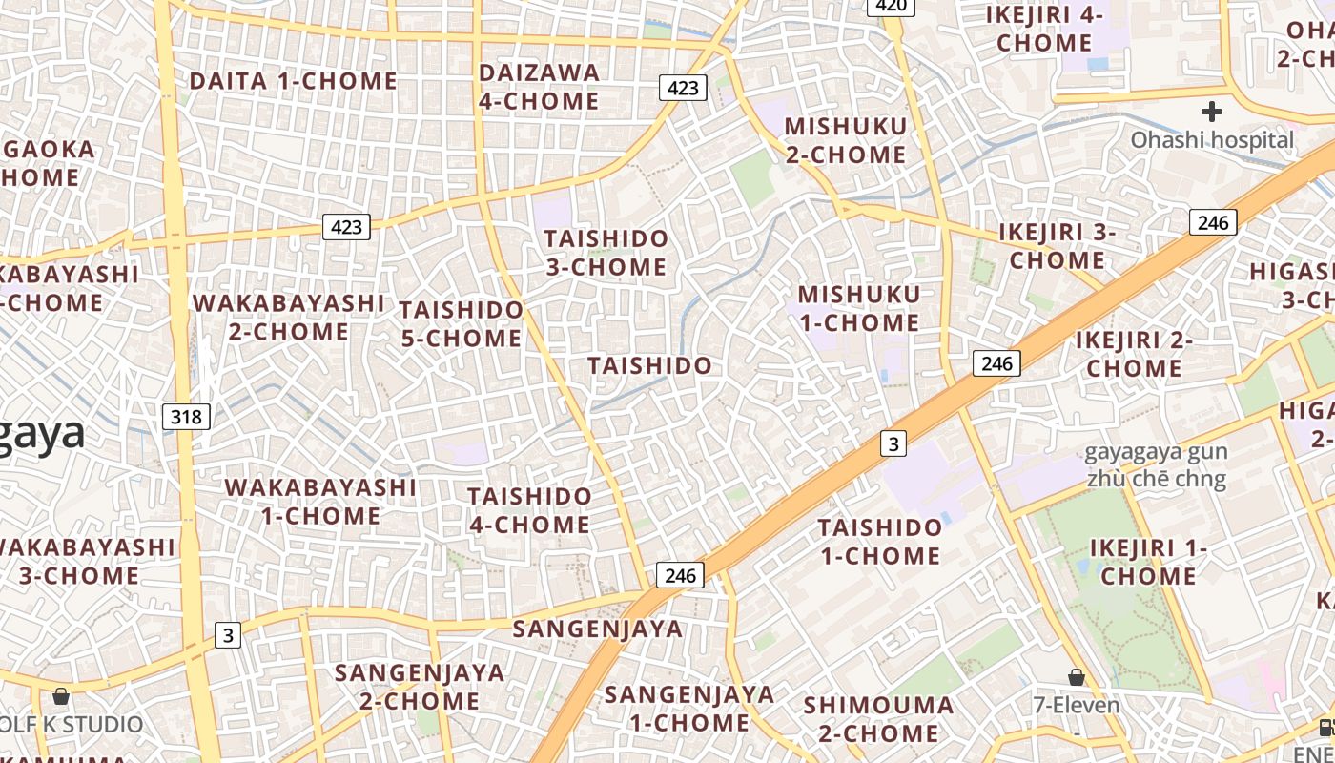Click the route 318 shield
[x=186, y=416]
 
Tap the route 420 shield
[x=891, y=6]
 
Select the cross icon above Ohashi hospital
[x=1212, y=112]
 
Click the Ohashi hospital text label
[x=1212, y=140]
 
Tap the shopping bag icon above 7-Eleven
[x=1077, y=677]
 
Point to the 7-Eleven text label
[x=1077, y=706]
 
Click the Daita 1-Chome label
[x=293, y=81]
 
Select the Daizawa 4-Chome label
[x=539, y=87]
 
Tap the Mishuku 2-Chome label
[x=845, y=140]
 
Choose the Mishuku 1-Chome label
[x=859, y=308]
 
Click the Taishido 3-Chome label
[x=606, y=253]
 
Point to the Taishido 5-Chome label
[x=462, y=324]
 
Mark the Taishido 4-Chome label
[x=529, y=510]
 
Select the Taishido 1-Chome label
[x=879, y=541]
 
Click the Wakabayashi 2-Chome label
[x=288, y=318]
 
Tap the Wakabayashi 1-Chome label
[x=320, y=502]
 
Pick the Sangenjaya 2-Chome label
[x=420, y=687]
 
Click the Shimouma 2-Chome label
[x=878, y=719]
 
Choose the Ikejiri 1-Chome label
[x=1148, y=562]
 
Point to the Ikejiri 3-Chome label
[x=1058, y=246]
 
